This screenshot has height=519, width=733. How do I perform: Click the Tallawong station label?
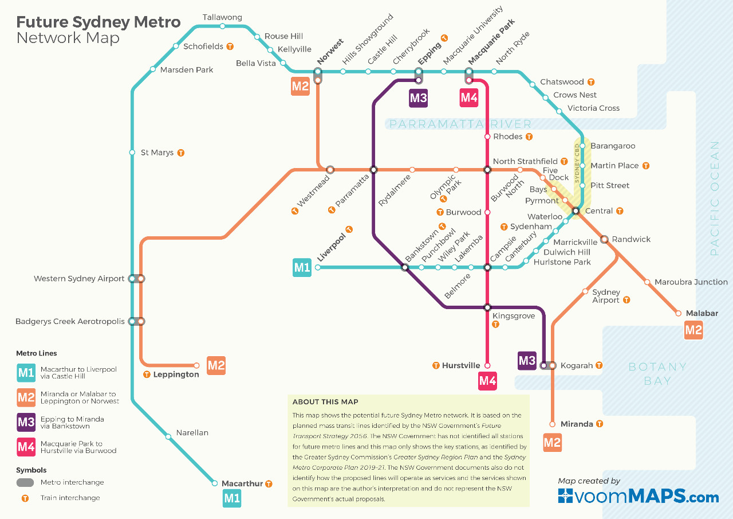click(x=222, y=17)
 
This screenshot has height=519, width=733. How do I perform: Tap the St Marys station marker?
click(x=132, y=153)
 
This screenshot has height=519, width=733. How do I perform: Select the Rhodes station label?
click(x=507, y=136)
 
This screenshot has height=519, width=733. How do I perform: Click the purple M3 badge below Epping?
click(x=418, y=98)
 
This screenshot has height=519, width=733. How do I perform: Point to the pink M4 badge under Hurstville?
click(x=487, y=381)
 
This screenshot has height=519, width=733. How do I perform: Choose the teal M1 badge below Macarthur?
click(x=232, y=498)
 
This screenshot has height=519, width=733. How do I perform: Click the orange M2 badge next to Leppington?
click(x=216, y=365)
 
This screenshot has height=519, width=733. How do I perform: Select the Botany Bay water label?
click(x=657, y=373)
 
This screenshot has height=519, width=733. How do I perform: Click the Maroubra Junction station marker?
click(x=647, y=282)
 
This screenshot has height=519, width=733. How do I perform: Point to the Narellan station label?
click(x=192, y=433)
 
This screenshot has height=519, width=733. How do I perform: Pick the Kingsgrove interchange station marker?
click(x=487, y=307)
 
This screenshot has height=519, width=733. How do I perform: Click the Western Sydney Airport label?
click(x=79, y=279)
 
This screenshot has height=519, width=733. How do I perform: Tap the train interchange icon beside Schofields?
click(x=230, y=46)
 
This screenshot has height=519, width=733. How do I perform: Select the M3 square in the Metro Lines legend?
click(x=26, y=423)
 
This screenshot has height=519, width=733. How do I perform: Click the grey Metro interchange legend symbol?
click(x=25, y=482)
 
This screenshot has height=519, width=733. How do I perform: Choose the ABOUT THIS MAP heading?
click(x=325, y=401)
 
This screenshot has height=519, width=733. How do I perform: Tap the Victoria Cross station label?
click(x=593, y=108)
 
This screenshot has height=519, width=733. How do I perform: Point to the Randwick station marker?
click(x=604, y=239)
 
